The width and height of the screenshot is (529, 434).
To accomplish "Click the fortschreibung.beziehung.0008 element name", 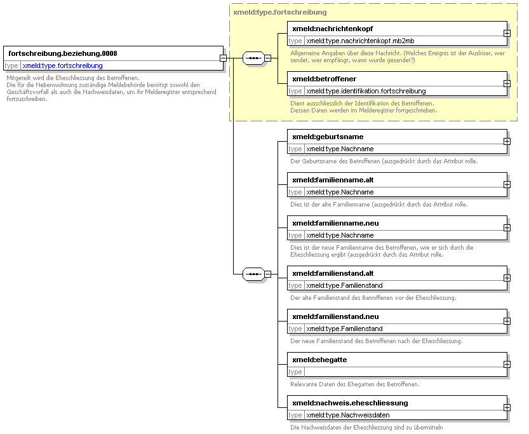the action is pyautogui.click(x=63, y=53).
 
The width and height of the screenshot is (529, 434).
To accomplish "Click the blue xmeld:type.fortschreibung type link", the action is pyautogui.click(x=62, y=65).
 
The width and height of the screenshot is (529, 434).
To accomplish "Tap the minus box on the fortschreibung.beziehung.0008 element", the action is pyautogui.click(x=223, y=58).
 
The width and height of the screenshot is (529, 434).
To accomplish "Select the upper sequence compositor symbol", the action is pyautogui.click(x=254, y=58).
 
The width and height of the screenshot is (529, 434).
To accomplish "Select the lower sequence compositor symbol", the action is pyautogui.click(x=254, y=274).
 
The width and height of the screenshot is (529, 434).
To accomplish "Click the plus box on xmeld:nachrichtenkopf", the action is pyautogui.click(x=507, y=34).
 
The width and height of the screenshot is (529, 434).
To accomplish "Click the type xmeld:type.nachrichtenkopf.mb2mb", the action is pyautogui.click(x=360, y=41).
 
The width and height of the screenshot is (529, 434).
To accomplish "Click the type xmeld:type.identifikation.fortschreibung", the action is pyautogui.click(x=366, y=91).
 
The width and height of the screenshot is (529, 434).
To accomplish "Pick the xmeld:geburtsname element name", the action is pyautogui.click(x=328, y=137).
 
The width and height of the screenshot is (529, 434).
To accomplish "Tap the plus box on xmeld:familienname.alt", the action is pyautogui.click(x=507, y=185).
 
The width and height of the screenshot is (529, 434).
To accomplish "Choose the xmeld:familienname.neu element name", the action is pyautogui.click(x=335, y=223).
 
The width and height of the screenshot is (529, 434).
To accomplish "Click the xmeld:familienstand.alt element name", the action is pyautogui.click(x=333, y=273).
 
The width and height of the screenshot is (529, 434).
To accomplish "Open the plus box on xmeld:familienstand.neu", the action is pyautogui.click(x=507, y=322).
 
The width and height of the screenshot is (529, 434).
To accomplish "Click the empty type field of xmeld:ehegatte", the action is pyautogui.click(x=406, y=372).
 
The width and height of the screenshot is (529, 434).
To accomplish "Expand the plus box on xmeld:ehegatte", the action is pyautogui.click(x=507, y=365).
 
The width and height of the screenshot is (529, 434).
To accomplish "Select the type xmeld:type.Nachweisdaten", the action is pyautogui.click(x=348, y=415).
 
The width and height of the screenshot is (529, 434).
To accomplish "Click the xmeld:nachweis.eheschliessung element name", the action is pyautogui.click(x=350, y=403).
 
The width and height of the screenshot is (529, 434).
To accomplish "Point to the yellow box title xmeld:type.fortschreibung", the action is pyautogui.click(x=280, y=12).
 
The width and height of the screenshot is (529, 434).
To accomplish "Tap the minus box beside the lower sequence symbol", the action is pyautogui.click(x=267, y=274).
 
